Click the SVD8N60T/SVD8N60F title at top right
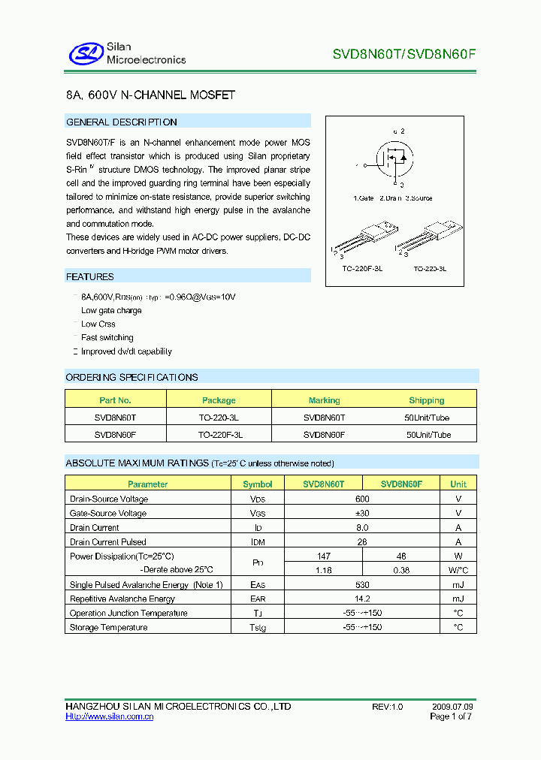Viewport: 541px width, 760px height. [404, 54]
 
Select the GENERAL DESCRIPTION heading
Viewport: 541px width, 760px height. [122, 122]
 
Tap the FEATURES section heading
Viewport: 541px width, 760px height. [90, 277]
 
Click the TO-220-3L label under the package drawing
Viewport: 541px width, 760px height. [430, 268]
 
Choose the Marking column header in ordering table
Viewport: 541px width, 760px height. [324, 400]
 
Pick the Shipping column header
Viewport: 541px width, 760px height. [426, 400]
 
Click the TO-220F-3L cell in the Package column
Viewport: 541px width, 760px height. [220, 435]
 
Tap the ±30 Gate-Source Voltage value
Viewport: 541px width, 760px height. [363, 514]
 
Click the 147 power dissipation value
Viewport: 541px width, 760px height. [325, 556]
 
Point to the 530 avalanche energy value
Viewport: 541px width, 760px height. [363, 585]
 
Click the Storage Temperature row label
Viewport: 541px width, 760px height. [108, 628]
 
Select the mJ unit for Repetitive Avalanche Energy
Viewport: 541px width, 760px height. [458, 599]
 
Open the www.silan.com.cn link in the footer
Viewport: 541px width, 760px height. [110, 717]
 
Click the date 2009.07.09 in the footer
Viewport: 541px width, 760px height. [452, 707]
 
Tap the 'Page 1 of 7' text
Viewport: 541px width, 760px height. [451, 717]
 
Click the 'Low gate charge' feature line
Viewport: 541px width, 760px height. [112, 311]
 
